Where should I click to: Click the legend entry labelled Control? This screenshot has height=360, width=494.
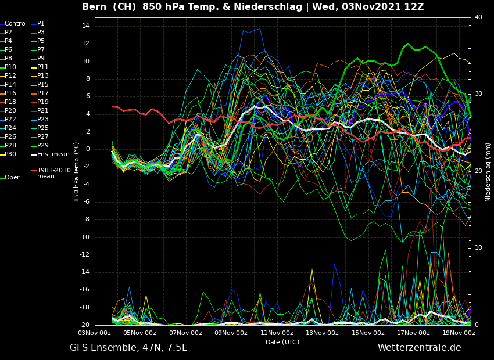(x=16, y=24)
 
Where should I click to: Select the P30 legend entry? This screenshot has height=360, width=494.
(x=10, y=154)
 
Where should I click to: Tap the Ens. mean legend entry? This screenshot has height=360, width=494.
(x=53, y=154)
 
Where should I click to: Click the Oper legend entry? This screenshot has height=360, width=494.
(x=12, y=178)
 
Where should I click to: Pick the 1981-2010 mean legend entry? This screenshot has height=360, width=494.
(x=53, y=173)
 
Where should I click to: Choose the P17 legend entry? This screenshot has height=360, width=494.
(x=43, y=93)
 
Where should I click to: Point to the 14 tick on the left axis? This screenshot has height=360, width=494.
(x=85, y=26)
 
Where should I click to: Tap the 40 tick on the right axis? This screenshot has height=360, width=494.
(x=478, y=17)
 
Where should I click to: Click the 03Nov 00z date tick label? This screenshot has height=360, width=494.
(x=95, y=333)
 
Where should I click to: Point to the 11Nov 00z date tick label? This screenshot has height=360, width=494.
(x=277, y=333)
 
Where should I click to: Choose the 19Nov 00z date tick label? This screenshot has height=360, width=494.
(x=459, y=333)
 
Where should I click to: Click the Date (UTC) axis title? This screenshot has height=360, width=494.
(x=282, y=343)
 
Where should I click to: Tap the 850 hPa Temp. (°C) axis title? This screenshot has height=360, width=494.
(x=77, y=172)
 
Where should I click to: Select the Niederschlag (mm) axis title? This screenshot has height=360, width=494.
(x=488, y=172)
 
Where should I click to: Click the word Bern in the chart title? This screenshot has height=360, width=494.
(x=94, y=7)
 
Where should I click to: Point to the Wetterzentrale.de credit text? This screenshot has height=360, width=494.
(x=419, y=348)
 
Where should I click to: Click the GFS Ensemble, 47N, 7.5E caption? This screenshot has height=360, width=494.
(x=128, y=348)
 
